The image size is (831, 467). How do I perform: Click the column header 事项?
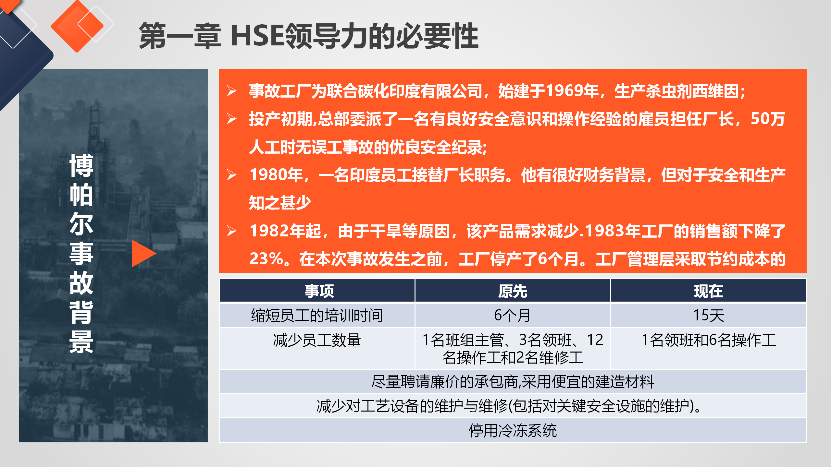(x=319, y=291)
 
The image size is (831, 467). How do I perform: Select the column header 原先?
(x=513, y=291)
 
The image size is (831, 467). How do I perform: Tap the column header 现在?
(x=708, y=291)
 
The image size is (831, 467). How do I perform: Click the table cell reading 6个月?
(x=513, y=315)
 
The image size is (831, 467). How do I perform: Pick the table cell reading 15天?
(x=709, y=315)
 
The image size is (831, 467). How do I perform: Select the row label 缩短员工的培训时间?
(x=317, y=315)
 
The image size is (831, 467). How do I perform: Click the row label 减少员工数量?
(x=317, y=340)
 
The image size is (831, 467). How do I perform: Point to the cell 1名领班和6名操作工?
(x=709, y=340)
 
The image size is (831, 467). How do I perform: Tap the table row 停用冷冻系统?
(x=513, y=431)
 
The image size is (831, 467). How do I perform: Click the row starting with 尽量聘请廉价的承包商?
(x=513, y=382)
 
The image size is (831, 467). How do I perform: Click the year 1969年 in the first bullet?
(x=572, y=91)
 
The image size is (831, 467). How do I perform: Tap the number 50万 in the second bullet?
(x=768, y=119)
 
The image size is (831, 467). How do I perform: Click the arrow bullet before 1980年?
(x=232, y=175)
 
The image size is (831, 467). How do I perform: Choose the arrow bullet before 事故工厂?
(x=232, y=91)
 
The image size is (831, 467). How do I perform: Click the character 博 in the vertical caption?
(x=81, y=165)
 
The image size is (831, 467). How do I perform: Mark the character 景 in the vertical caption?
(x=81, y=342)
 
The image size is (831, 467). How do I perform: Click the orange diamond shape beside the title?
(x=77, y=26)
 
